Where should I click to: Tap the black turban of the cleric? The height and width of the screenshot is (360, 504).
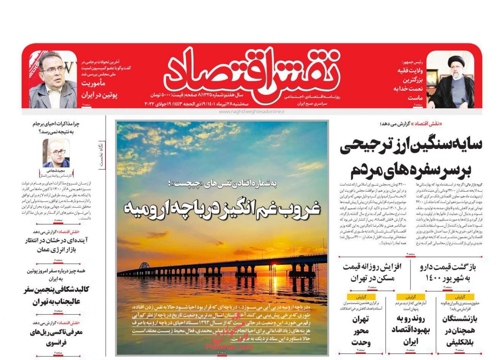pos(456,61)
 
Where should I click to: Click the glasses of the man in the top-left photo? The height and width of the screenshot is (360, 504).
pos(53,70)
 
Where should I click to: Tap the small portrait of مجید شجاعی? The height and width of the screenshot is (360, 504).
pos(56,153)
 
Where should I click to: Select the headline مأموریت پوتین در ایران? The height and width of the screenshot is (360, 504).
pos(99,90)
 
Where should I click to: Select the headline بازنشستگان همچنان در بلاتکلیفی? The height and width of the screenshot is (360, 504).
pos(459,330)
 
